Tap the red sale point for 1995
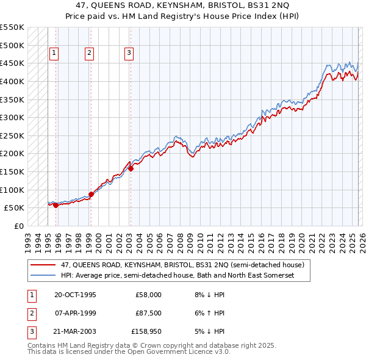[x=56, y=205]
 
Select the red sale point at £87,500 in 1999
[x=91, y=194]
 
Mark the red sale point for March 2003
[x=131, y=168]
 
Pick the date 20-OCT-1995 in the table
[x=75, y=295]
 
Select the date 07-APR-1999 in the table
[x=75, y=313]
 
